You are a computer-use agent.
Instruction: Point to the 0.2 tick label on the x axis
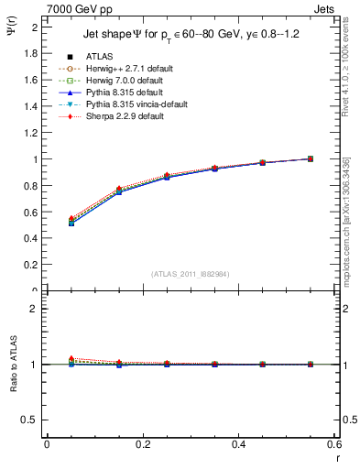[x=143, y=444]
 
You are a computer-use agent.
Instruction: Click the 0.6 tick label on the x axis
[x=333, y=444]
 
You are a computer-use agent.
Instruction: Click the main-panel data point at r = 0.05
[x=71, y=223]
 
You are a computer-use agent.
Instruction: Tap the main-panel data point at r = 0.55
[x=311, y=158]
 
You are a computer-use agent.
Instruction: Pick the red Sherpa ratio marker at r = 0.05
[x=71, y=358]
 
